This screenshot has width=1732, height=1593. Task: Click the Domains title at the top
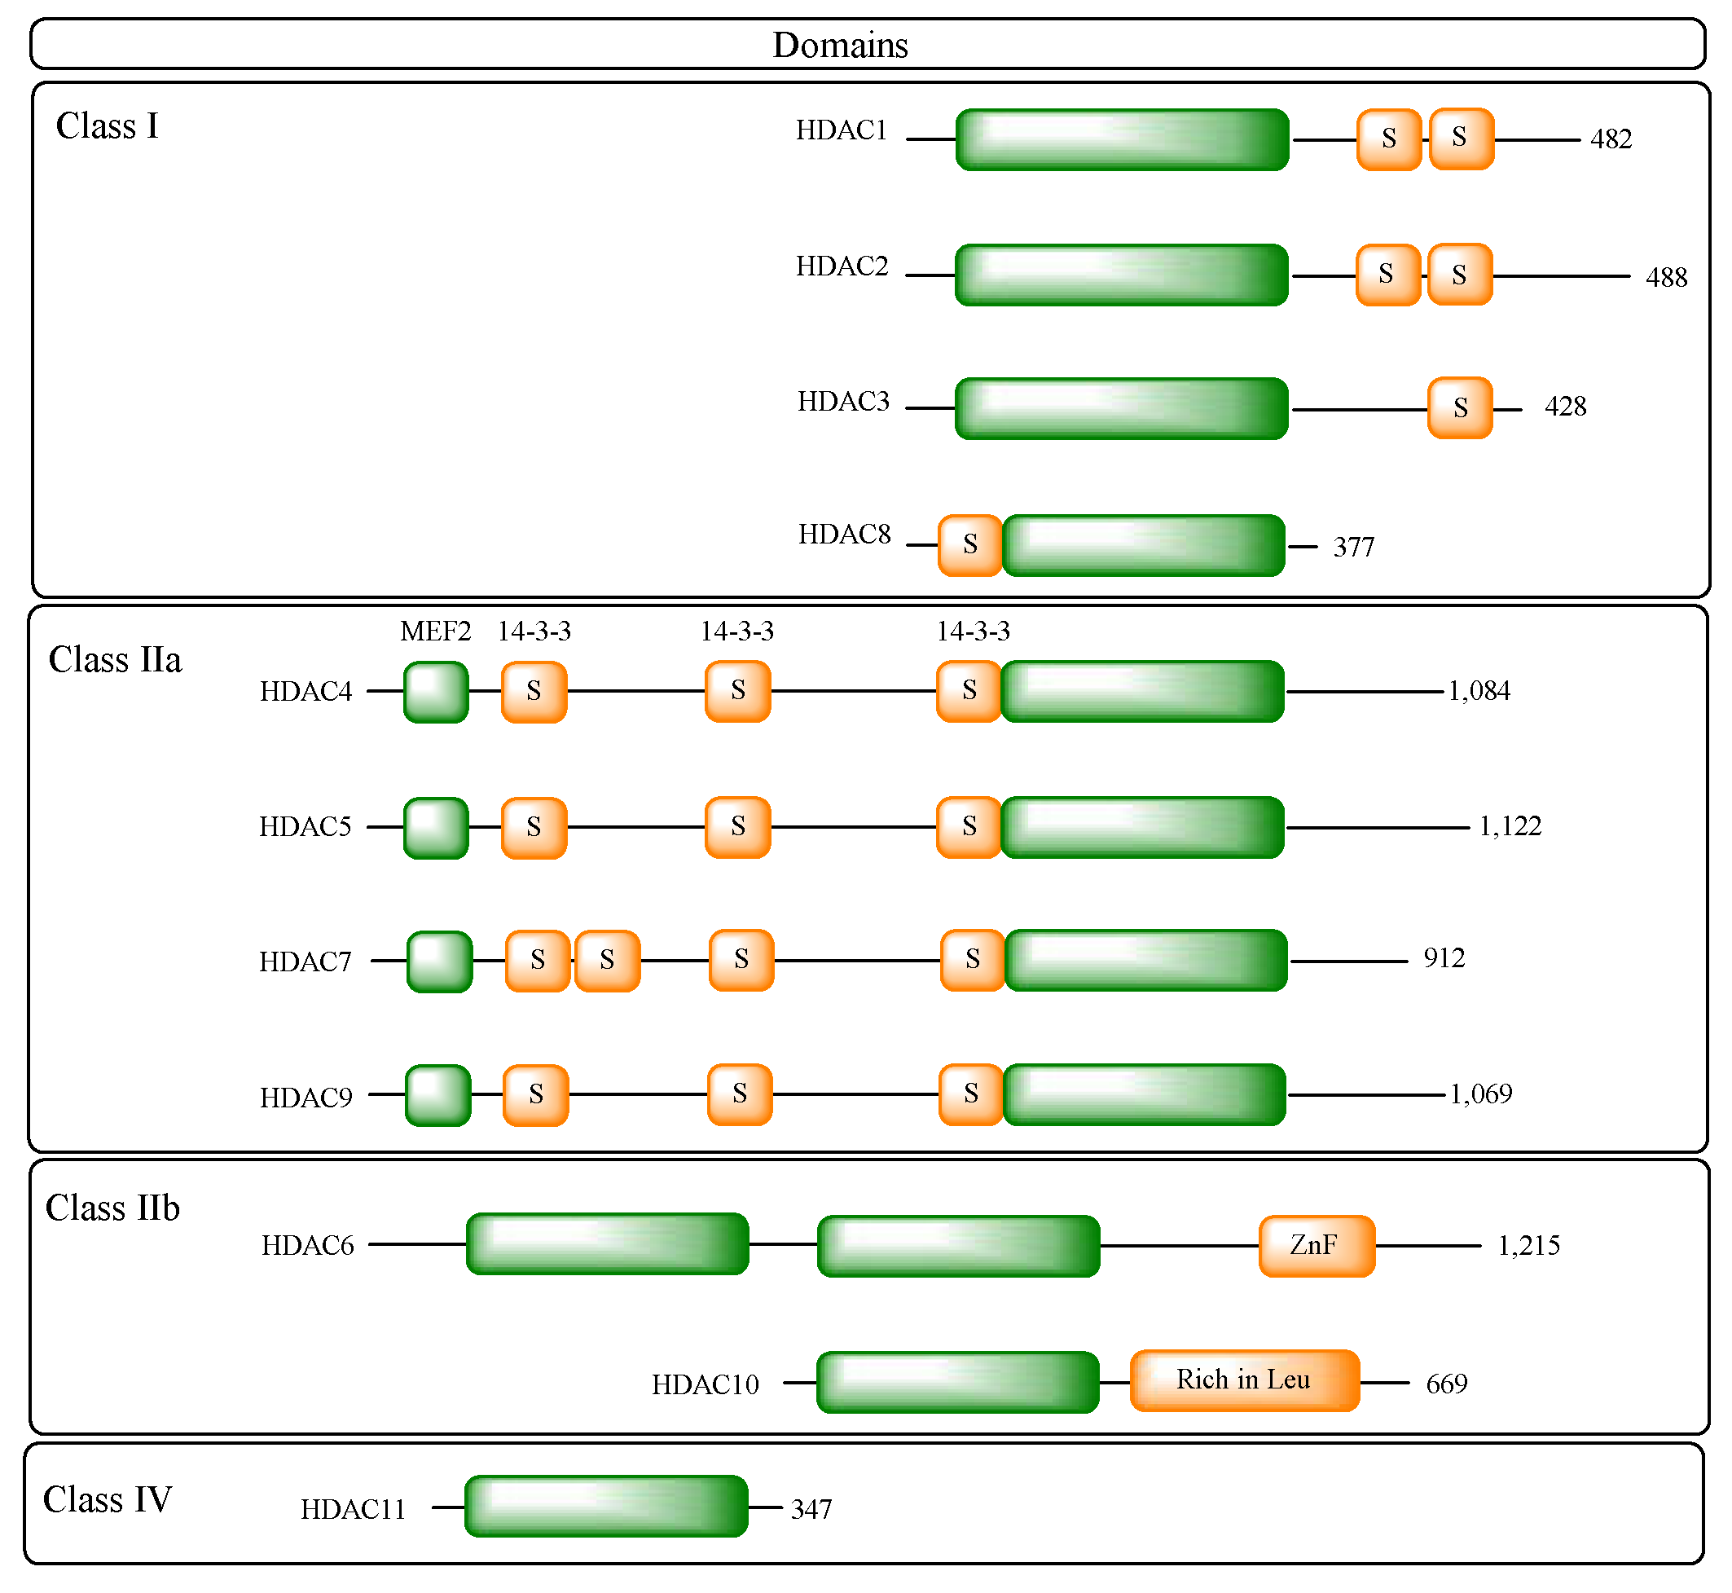tap(839, 45)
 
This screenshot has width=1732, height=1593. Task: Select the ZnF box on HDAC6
tap(1316, 1246)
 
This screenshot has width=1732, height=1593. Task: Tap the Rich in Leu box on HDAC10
tap(1244, 1380)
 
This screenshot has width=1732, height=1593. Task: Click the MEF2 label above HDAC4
tap(435, 631)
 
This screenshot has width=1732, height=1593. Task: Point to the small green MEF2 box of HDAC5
tap(436, 828)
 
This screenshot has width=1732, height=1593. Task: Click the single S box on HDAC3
tap(1460, 407)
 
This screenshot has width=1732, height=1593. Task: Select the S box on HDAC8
tap(969, 545)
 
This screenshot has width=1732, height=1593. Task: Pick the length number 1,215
tap(1528, 1246)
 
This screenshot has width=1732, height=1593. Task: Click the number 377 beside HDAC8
tap(1353, 548)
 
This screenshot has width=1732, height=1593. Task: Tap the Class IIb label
tap(112, 1208)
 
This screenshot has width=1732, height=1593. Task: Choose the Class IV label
tap(108, 1500)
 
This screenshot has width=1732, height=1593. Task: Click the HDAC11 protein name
tap(353, 1509)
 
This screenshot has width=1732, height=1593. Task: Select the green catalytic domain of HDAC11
tap(606, 1506)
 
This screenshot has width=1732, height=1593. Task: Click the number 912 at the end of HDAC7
tap(1444, 958)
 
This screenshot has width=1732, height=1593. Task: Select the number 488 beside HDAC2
tap(1666, 278)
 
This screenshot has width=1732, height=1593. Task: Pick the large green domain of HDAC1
tap(1122, 139)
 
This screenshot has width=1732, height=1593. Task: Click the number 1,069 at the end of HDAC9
tap(1480, 1094)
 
